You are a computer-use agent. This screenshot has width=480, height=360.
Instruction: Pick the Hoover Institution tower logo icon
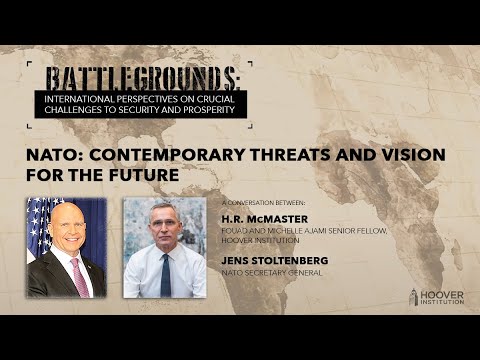(414, 298)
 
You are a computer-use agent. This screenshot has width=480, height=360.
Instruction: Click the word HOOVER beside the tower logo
(442, 294)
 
